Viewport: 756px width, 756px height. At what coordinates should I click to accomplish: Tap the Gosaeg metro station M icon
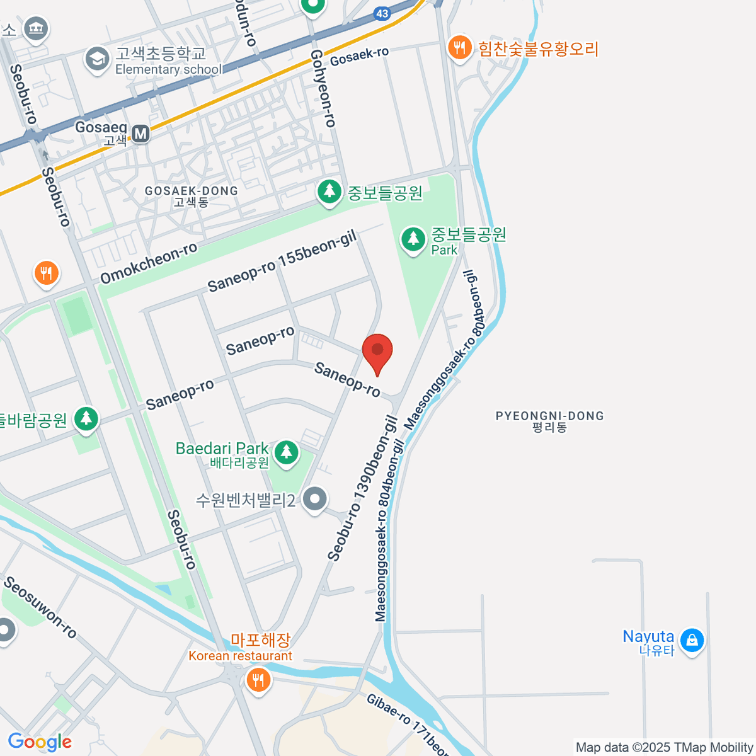(140, 133)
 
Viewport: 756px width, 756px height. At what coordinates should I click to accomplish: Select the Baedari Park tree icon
(287, 452)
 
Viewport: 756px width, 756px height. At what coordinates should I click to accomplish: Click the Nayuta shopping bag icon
(692, 640)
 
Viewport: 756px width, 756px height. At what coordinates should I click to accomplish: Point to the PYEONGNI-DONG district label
(549, 421)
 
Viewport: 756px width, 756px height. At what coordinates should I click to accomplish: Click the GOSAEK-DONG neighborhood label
(191, 196)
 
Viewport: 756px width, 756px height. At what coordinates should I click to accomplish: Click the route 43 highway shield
(381, 13)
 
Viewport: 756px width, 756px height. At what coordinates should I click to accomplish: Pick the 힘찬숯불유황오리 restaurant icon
(460, 48)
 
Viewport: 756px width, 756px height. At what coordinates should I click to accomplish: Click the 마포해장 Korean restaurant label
(260, 641)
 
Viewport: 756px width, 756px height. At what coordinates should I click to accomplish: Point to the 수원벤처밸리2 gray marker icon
(315, 499)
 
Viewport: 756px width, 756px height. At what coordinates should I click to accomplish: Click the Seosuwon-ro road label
(40, 607)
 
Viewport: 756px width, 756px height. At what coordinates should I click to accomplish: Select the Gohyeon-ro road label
(323, 89)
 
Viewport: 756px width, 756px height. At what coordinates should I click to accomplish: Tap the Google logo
(40, 742)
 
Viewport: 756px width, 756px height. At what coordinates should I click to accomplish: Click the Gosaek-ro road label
(359, 56)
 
